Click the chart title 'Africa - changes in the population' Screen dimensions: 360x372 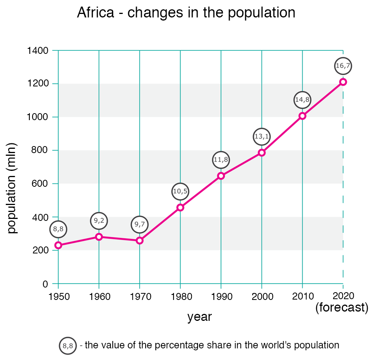click(186, 13)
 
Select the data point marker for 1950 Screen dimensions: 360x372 click(59, 245)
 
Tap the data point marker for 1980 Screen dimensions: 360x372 click(180, 207)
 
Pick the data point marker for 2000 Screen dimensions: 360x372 click(262, 153)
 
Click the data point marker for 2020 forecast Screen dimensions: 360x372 click(343, 82)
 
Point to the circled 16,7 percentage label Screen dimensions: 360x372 click(343, 66)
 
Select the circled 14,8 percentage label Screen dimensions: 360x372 click(302, 100)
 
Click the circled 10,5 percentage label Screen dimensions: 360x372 click(180, 191)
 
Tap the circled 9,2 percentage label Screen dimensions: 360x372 click(99, 221)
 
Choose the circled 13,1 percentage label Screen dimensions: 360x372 click(262, 136)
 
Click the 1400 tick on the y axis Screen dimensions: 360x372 click(38, 51)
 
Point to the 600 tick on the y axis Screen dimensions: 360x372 click(40, 184)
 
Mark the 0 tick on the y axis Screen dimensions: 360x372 click(45, 284)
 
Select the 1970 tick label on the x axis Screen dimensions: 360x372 click(140, 297)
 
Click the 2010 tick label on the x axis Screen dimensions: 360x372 click(303, 297)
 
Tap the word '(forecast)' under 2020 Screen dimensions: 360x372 click(341, 308)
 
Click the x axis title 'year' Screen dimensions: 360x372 click(200, 317)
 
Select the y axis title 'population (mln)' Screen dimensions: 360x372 click(12, 188)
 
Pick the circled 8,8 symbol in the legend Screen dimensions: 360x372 click(68, 346)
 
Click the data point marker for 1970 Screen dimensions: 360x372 click(140, 240)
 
